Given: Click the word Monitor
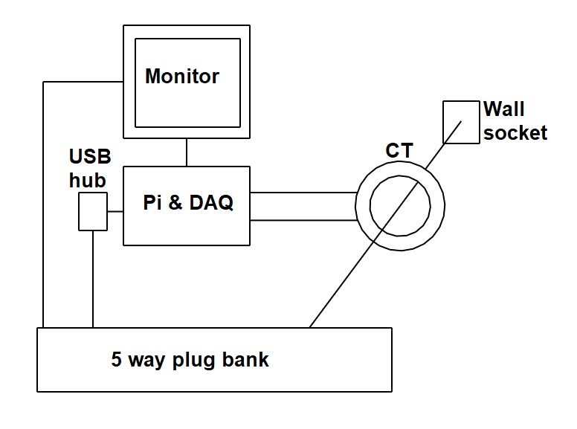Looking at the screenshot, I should [182, 77].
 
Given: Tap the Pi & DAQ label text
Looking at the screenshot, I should [188, 203].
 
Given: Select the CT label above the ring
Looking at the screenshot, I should [399, 151].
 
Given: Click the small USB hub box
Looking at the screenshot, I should [93, 211].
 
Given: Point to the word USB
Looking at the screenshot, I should [90, 157].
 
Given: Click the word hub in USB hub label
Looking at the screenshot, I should [87, 180].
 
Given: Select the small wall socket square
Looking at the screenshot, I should [461, 123].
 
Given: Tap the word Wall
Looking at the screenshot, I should [504, 109].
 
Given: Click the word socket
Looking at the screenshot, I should [515, 133].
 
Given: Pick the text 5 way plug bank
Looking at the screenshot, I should [190, 361].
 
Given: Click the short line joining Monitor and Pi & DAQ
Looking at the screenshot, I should [187, 152].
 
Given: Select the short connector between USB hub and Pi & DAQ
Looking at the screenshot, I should [115, 211].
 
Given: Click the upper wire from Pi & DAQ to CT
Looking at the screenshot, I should [305, 192].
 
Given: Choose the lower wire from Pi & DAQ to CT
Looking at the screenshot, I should [305, 220].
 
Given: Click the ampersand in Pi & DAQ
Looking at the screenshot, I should [175, 203].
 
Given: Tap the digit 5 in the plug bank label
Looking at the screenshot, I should [117, 361].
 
